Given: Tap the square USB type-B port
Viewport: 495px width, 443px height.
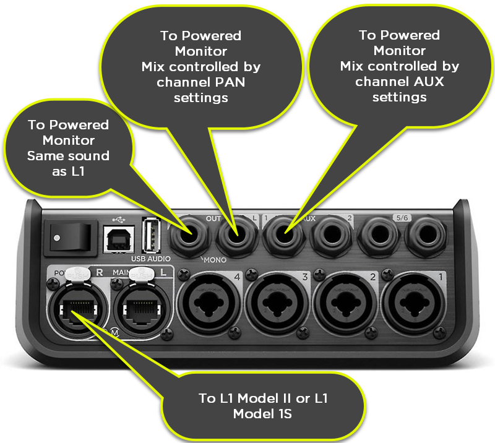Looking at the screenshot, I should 116,239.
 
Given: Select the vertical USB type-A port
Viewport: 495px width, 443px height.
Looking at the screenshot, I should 150,236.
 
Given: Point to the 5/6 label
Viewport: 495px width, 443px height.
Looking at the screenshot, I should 400,218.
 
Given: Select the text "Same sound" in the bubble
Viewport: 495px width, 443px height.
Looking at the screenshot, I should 68,156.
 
